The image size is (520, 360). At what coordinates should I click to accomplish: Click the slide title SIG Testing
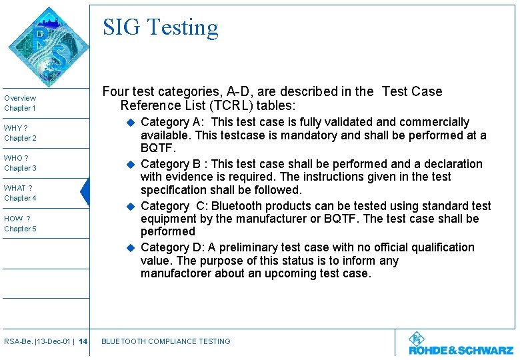coord(160,27)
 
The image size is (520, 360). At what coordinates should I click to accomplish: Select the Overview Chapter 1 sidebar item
coord(20,103)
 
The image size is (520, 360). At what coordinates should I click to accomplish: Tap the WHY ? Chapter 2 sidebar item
coord(20,133)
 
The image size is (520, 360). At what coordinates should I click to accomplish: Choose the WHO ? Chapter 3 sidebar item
coord(20,163)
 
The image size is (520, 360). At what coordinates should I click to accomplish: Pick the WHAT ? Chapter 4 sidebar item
coord(20,193)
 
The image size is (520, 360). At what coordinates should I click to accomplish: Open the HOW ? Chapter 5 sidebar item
coord(20,223)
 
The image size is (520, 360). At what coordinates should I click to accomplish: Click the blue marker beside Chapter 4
coord(84,193)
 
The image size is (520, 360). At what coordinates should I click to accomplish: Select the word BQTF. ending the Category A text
coord(158,148)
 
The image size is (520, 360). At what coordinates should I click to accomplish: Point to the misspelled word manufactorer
coord(177,273)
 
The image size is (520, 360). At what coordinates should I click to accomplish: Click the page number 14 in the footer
coord(83,341)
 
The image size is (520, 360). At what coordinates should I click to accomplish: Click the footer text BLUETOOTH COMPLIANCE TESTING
coord(165,341)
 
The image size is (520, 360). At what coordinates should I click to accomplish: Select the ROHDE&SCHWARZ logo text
coord(461,350)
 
